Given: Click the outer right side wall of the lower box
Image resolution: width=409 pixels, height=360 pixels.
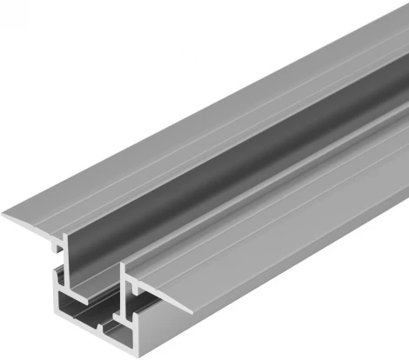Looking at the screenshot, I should click(261, 270).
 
